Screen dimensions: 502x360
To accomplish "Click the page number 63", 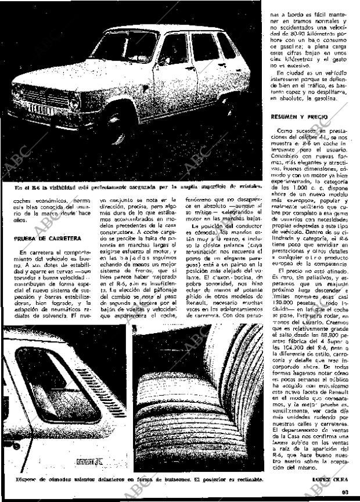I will [x=345, y=492].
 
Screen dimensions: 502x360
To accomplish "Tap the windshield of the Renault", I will [x=124, y=46].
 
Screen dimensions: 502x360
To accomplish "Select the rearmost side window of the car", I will [x=227, y=46].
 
